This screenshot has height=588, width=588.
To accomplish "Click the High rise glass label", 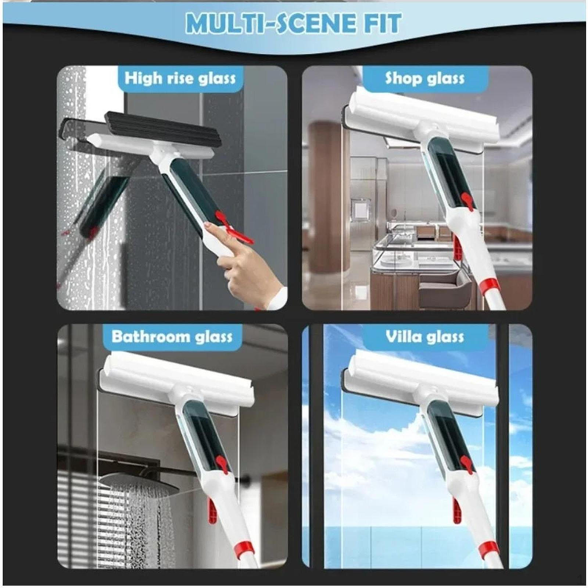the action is [180, 79].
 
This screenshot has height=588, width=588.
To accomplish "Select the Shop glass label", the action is [425, 79].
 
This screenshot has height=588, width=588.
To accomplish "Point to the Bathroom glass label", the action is [172, 337].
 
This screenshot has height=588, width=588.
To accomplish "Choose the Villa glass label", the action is [425, 337].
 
